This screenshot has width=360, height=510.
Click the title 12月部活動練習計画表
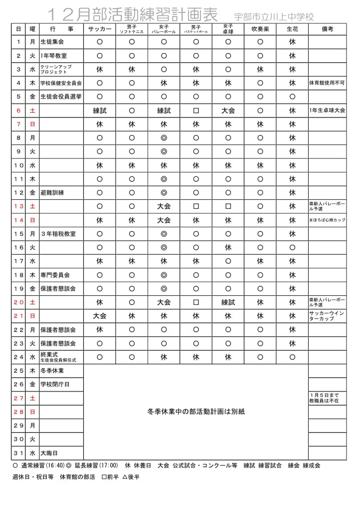pos(135,15)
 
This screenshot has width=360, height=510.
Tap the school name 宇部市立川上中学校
pos(274,17)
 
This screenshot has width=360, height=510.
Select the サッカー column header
pos(99,29)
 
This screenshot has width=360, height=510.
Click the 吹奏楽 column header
pos(260,29)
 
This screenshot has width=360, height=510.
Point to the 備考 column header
pos(327,29)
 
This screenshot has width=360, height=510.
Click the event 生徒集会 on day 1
pos(52,42)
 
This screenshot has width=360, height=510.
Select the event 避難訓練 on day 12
pos(52,193)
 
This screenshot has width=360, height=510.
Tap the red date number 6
pos(18,111)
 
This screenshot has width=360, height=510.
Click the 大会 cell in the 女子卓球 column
pos(228,111)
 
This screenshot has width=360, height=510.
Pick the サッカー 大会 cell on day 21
pos(99,316)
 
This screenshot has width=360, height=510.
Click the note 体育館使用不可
pos(327,83)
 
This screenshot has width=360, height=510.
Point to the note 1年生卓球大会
pos(327,111)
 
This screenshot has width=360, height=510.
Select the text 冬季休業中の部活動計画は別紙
pos(196,411)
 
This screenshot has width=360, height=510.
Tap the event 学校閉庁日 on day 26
pos(55,384)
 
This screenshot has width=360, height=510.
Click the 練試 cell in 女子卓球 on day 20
pos(228,302)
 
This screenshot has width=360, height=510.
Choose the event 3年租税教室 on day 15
pos(58,234)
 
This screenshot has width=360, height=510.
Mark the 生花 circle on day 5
pos(292,97)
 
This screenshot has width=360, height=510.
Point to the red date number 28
pos(18,412)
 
